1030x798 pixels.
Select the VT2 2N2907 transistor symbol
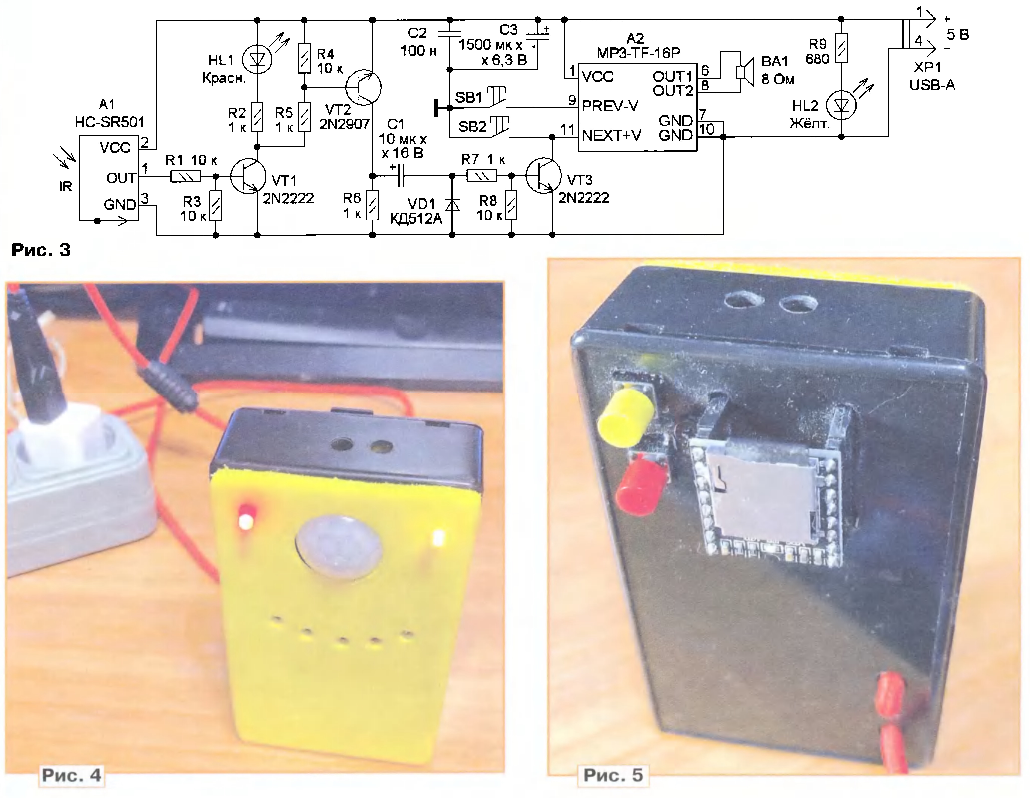pos(363,87)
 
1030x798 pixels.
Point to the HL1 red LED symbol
pos(257,59)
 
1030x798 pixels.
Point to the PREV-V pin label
pos(610,106)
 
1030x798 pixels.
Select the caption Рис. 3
pos(41,250)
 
